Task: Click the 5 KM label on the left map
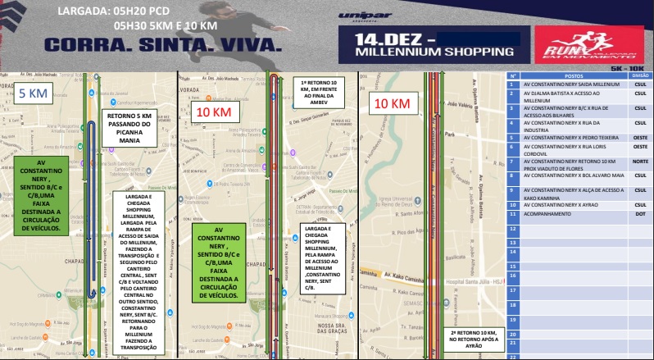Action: point(34,94)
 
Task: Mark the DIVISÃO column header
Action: point(640,75)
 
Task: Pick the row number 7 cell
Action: point(512,162)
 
